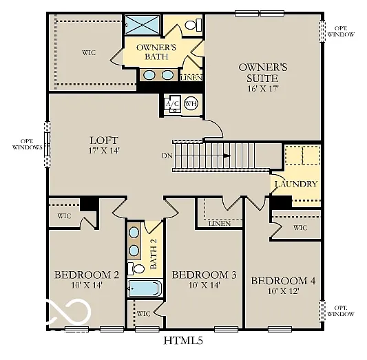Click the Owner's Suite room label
click(x=262, y=72)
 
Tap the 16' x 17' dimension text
click(x=262, y=88)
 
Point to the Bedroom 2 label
click(x=87, y=275)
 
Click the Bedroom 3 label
click(x=204, y=275)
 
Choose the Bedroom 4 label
click(x=283, y=281)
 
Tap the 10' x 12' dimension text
click(x=283, y=292)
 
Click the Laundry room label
click(x=295, y=184)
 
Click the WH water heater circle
click(x=191, y=104)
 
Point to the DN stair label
click(x=167, y=156)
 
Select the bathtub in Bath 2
click(x=145, y=288)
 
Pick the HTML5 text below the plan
click(x=182, y=340)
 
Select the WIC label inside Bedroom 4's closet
click(x=300, y=227)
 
